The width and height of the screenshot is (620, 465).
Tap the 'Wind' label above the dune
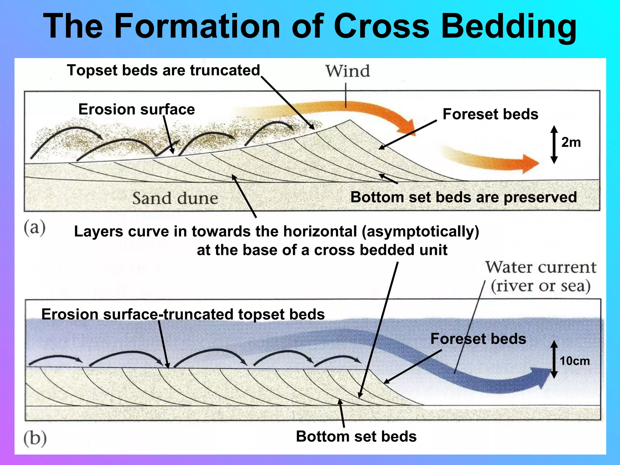click(348, 71)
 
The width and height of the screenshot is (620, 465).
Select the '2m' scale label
click(571, 142)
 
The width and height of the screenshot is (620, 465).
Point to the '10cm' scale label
click(575, 361)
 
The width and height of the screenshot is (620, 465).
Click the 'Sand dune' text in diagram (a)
click(175, 199)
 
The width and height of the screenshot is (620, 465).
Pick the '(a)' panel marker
click(35, 228)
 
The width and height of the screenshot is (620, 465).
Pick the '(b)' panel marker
click(35, 438)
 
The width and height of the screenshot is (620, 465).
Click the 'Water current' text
click(541, 268)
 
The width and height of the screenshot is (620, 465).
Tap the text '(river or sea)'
click(541, 286)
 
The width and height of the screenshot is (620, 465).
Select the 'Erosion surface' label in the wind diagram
click(137, 109)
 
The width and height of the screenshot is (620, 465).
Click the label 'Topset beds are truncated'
click(163, 70)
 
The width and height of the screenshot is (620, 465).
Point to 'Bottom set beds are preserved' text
click(463, 197)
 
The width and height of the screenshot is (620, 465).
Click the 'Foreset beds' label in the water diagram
click(478, 339)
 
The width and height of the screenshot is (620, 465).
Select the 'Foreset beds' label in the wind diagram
click(490, 114)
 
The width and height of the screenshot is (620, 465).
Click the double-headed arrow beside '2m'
click(554, 144)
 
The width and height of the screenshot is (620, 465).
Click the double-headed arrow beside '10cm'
click(554, 359)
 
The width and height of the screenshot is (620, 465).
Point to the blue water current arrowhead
click(542, 377)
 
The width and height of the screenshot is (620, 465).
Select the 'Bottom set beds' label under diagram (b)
click(356, 437)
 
